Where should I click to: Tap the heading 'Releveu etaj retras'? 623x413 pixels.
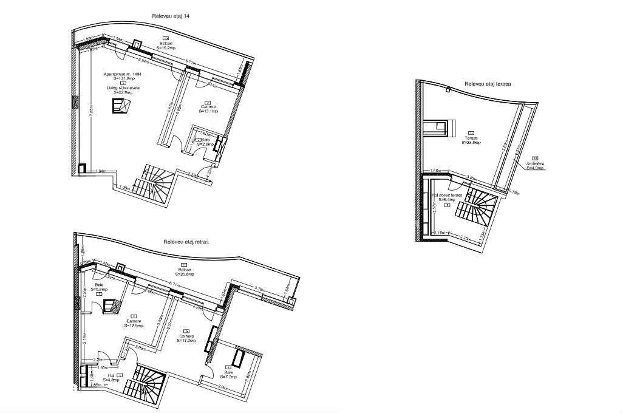coord(186,242)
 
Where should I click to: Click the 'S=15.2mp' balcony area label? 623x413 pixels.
coord(166,48)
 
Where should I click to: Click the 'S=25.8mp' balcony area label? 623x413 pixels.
coord(185,275)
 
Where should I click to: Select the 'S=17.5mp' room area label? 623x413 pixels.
coord(134,326)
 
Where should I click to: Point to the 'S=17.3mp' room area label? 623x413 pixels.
coord(186,341)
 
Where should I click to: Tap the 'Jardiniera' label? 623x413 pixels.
coord(534,163)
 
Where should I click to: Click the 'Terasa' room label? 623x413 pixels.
coord(471,138)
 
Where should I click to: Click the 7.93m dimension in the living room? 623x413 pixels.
coord(91,112)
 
